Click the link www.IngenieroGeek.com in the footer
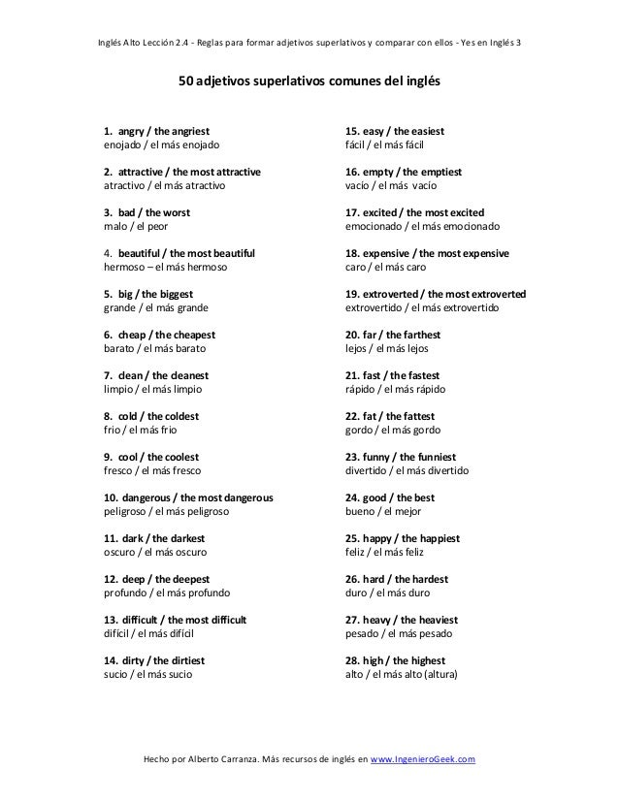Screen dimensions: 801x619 [x=423, y=759]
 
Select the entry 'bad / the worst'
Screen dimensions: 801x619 [x=147, y=210]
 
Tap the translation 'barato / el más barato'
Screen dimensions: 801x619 [x=154, y=347]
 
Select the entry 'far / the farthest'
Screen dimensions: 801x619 [x=393, y=333]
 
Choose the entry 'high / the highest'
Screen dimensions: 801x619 [x=395, y=659]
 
